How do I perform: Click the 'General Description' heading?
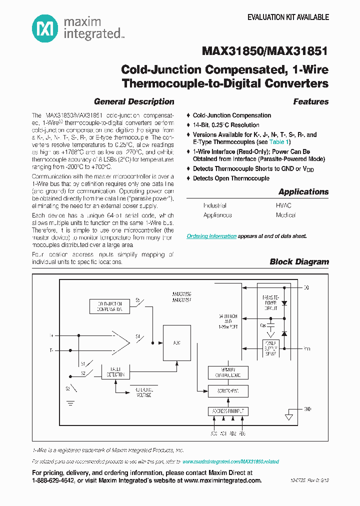pyautogui.click(x=134, y=101)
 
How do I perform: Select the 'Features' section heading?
pyautogui.click(x=310, y=101)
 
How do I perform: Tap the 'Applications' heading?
pyautogui.click(x=303, y=191)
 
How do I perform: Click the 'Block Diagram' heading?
pyautogui.click(x=299, y=261)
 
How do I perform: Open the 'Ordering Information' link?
pyautogui.click(x=211, y=236)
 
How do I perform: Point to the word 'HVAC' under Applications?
pyautogui.click(x=283, y=205)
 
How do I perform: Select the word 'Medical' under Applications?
pyautogui.click(x=285, y=215)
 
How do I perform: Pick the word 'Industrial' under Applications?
pyautogui.click(x=214, y=205)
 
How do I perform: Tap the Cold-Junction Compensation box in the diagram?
pyautogui.click(x=109, y=306)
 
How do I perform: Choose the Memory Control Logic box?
pyautogui.click(x=228, y=372)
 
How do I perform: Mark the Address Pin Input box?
pyautogui.click(x=228, y=411)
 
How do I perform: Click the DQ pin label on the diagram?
pyautogui.click(x=306, y=288)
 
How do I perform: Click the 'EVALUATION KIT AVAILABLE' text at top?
pyautogui.click(x=288, y=17)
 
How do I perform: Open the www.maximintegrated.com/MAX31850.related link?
pyautogui.click(x=230, y=461)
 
